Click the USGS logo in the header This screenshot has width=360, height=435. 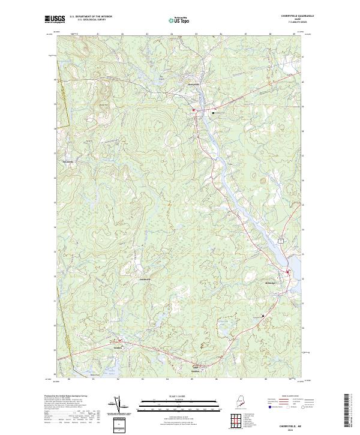[55, 19]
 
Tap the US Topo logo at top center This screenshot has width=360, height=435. [180, 20]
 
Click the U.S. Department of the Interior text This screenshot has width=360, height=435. [91, 17]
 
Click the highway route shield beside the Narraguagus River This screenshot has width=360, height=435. [280, 239]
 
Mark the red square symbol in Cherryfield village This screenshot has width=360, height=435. [193, 110]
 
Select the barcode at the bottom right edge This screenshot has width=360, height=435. [351, 411]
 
